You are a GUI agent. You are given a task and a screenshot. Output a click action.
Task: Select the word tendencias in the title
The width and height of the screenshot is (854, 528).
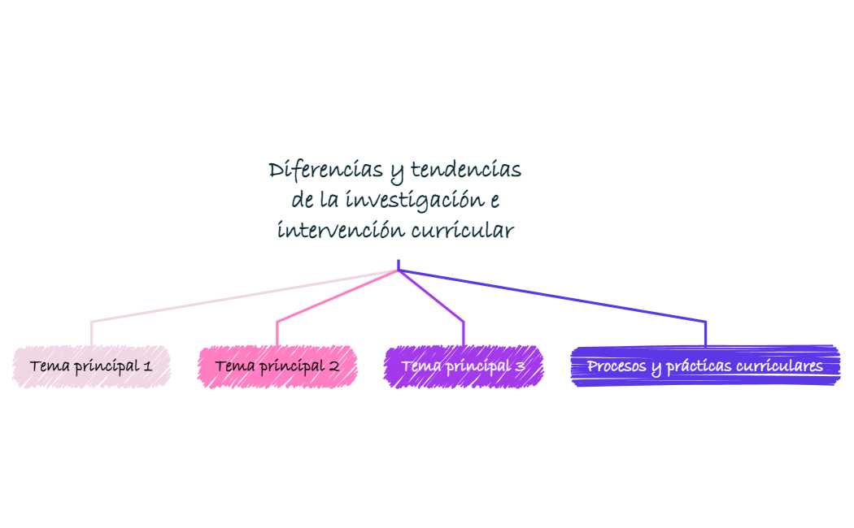click(x=466, y=170)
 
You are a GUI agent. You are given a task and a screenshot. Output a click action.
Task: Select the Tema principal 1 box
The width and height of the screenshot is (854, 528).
click(x=91, y=366)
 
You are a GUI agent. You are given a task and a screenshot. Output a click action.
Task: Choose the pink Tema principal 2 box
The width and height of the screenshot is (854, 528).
click(x=277, y=366)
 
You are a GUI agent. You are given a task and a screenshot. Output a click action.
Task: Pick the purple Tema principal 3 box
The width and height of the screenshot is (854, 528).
click(x=463, y=366)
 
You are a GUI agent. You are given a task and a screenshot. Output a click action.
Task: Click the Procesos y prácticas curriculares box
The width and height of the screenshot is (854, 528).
click(x=705, y=366)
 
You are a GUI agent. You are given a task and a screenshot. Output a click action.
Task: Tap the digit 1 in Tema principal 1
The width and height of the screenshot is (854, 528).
click(x=147, y=366)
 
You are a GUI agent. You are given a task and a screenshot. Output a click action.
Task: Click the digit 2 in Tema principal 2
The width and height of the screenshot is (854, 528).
click(x=333, y=366)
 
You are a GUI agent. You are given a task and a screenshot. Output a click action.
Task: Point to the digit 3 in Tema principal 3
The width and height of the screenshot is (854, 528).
click(x=519, y=366)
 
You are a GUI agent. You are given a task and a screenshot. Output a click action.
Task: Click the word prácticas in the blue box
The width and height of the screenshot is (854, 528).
click(x=698, y=366)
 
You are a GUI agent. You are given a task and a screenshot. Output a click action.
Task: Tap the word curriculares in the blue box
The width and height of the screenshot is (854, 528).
click(x=779, y=366)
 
